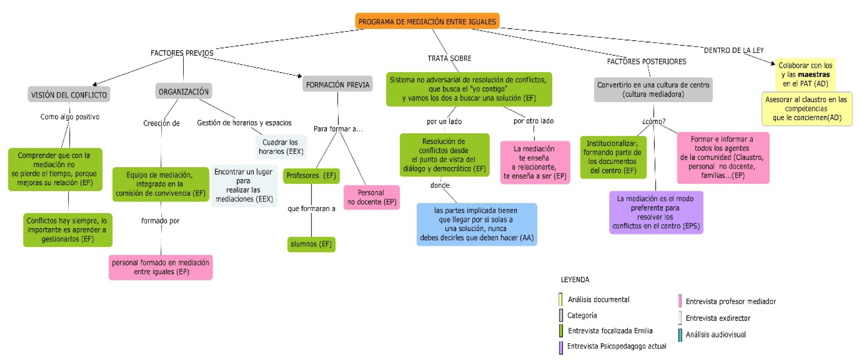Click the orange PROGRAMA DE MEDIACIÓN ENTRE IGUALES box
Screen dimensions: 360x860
(427, 21)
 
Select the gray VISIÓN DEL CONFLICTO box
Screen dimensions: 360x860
(69, 95)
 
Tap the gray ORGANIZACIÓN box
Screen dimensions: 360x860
(183, 91)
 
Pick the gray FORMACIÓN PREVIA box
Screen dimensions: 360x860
(337, 85)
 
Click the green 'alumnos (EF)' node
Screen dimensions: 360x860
(311, 244)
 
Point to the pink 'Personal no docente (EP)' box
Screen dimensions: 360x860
(372, 197)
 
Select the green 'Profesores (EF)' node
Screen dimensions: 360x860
(311, 176)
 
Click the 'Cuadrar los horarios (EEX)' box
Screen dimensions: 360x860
(281, 147)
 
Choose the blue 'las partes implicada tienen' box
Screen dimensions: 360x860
(476, 224)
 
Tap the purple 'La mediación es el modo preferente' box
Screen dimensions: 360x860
(656, 212)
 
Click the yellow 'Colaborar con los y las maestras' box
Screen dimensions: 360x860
(805, 74)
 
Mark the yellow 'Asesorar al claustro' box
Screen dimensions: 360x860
(807, 108)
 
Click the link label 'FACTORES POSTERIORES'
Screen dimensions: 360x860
(646, 62)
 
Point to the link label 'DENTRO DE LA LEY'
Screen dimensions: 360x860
(734, 50)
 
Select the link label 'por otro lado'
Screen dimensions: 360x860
(533, 121)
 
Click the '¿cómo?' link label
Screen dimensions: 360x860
(654, 121)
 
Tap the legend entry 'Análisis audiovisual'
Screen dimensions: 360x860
(715, 335)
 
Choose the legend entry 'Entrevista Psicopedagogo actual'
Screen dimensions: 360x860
(616, 346)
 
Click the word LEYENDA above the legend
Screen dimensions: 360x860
(575, 280)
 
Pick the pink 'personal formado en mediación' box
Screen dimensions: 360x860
(160, 267)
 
